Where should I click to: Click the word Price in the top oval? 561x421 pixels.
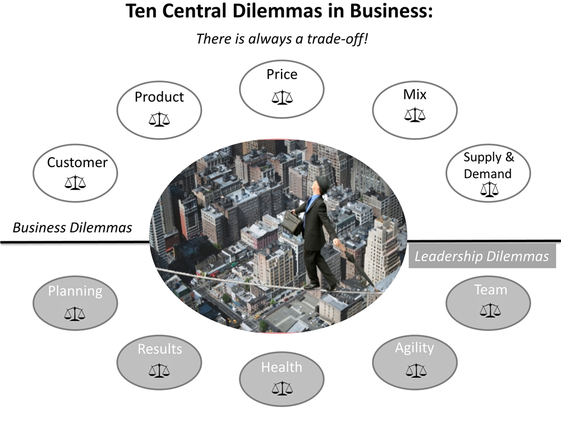pyautogui.click(x=282, y=74)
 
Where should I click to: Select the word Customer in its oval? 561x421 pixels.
pyautogui.click(x=77, y=163)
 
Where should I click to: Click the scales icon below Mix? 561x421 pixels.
pyautogui.click(x=415, y=115)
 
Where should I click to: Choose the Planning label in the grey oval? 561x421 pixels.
pyautogui.click(x=75, y=291)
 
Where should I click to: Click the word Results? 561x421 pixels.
pyautogui.click(x=160, y=349)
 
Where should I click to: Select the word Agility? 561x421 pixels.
pyautogui.click(x=415, y=348)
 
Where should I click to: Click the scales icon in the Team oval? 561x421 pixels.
pyautogui.click(x=490, y=309)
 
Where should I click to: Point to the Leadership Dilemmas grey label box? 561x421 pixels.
pyautogui.click(x=481, y=257)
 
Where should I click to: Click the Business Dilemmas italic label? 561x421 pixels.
pyautogui.click(x=72, y=227)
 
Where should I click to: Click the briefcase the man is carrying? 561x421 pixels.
pyautogui.click(x=291, y=223)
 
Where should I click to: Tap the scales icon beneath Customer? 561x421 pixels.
pyautogui.click(x=76, y=182)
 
